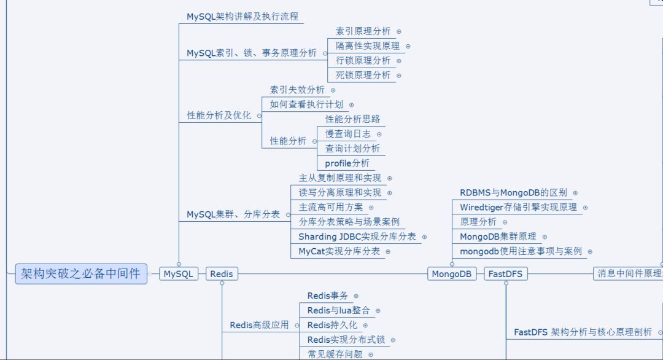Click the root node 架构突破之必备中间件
81,273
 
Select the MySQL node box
179,274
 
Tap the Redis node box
222,274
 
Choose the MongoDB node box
452,274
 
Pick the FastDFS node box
506,274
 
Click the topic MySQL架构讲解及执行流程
242,17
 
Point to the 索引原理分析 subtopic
363,31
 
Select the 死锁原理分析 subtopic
363,75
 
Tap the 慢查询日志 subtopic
347,133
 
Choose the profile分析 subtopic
347,163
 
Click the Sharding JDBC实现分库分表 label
357,237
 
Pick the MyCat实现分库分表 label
339,251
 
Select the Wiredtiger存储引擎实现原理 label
518,207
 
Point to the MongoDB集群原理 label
498,237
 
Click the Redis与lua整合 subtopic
339,310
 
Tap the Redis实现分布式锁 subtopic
347,340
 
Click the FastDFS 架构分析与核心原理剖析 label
583,332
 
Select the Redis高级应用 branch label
259,325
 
